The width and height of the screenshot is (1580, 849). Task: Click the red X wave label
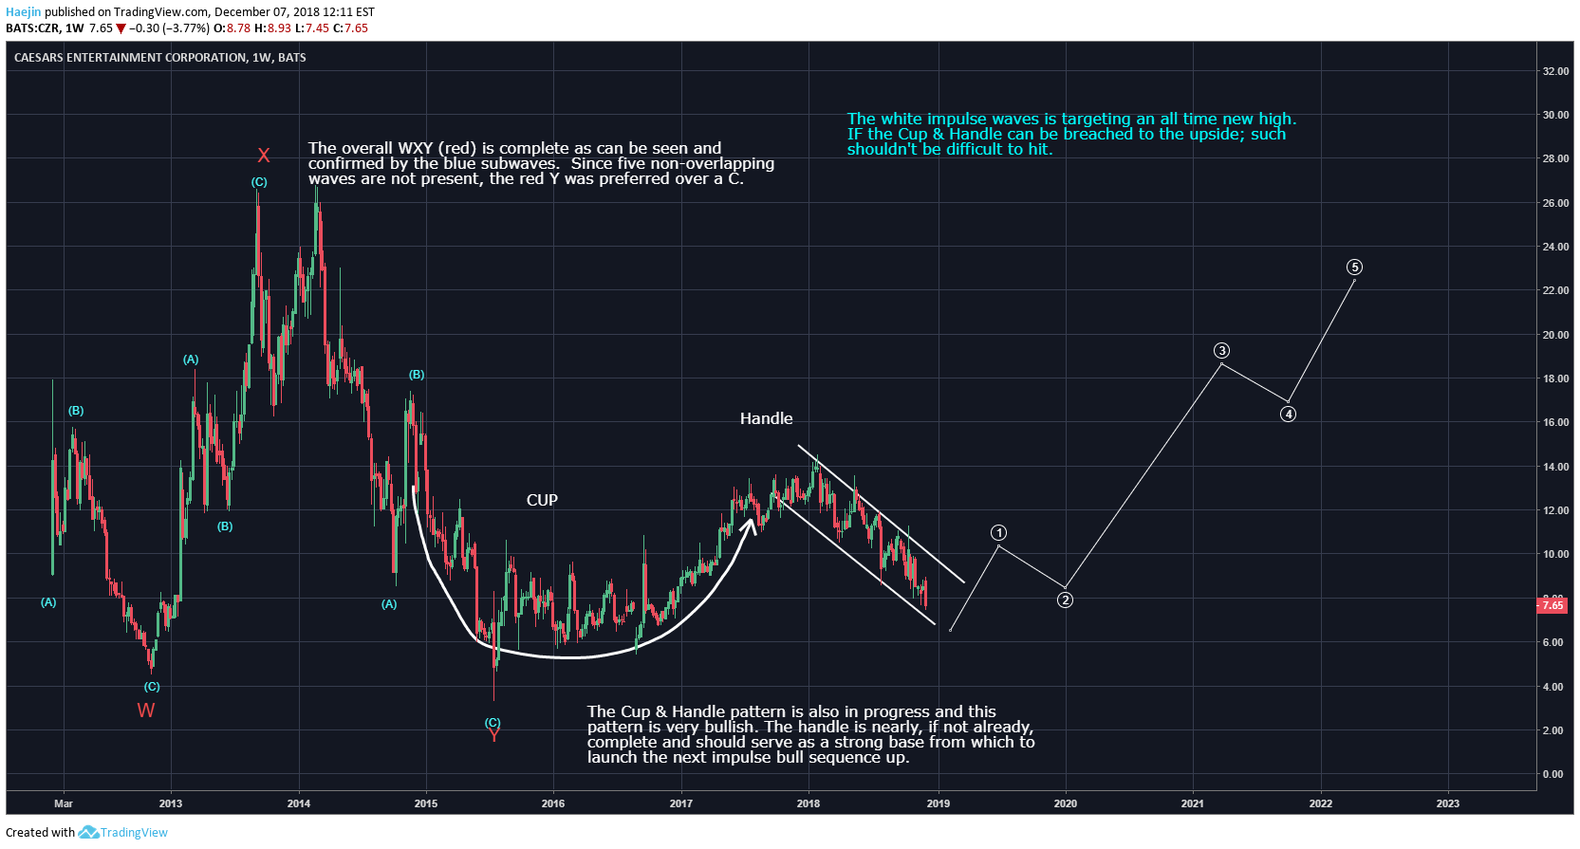coord(264,156)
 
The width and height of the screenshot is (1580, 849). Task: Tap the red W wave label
coord(146,711)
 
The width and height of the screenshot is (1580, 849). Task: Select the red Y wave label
coord(494,735)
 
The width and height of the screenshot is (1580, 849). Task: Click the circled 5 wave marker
coord(1354,268)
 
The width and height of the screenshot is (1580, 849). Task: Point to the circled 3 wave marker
coord(1221,350)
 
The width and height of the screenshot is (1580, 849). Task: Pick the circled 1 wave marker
coord(998,532)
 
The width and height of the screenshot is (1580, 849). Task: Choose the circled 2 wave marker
coord(1065,600)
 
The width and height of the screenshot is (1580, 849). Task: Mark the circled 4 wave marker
coord(1288,414)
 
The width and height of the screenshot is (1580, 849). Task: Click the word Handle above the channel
coord(766,419)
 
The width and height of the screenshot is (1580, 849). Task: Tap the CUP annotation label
coord(542,500)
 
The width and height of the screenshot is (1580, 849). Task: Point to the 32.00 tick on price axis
coord(1550,71)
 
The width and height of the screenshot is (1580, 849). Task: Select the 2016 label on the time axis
coord(553,803)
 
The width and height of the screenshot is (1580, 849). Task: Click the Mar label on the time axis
coord(64,803)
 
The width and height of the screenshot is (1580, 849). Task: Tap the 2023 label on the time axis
coord(1448,803)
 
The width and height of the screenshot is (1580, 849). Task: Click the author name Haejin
coord(24,12)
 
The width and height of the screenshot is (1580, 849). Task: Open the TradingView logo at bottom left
coord(122,832)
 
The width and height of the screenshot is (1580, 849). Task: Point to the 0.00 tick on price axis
coord(1552,774)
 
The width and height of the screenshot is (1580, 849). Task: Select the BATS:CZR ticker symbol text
coord(32,28)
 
